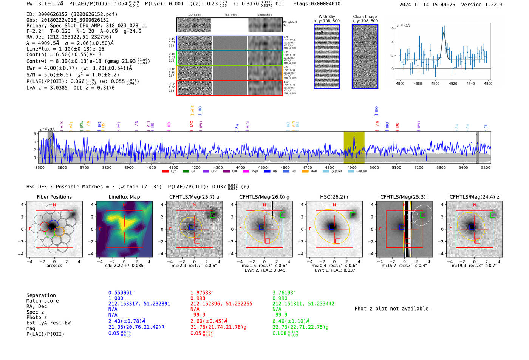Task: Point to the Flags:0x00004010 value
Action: [317, 4]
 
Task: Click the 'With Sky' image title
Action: [326, 17]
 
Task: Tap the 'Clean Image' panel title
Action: [365, 17]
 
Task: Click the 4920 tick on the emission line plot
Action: [453, 83]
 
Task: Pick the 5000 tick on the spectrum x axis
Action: [374, 167]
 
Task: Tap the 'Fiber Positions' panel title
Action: [54, 197]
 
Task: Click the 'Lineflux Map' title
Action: [124, 197]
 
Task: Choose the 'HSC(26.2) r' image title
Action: [334, 197]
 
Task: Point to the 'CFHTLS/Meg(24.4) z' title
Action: [474, 197]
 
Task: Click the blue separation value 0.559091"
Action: [121, 293]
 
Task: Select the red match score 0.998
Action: [198, 298]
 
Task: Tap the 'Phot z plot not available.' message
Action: [393, 309]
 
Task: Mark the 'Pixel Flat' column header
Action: [230, 15]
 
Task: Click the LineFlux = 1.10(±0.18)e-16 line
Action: [65, 49]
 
